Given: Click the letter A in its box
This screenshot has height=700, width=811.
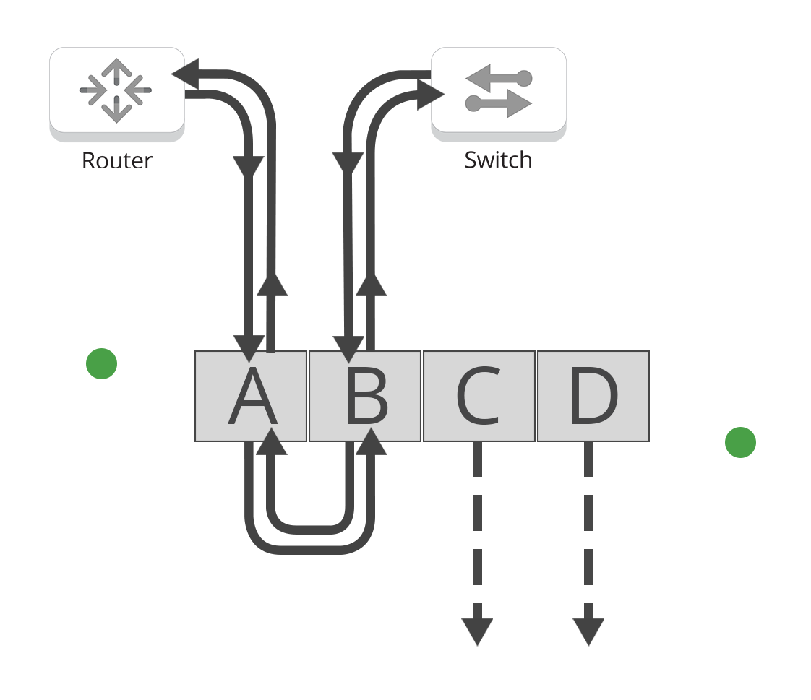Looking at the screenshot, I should point(252,398).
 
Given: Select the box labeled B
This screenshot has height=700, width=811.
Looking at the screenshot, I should point(365,397).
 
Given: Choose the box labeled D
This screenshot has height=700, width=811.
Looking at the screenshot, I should point(593,397).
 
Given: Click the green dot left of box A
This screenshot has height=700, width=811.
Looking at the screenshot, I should point(101,363).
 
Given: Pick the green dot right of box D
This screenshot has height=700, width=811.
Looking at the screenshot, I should point(740,442).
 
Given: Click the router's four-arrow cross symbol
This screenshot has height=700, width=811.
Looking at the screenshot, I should point(116,90).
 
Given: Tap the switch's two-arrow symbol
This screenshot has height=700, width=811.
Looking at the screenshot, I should point(499,90).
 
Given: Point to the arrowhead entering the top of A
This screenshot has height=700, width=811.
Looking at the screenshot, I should point(249,348).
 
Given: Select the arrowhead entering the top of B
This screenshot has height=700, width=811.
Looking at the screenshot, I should point(348,348).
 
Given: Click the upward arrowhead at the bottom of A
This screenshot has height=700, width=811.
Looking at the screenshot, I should point(272,442).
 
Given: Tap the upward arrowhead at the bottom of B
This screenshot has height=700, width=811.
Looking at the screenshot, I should point(371,442).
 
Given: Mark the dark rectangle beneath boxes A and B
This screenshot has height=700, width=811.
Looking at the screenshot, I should point(315,523).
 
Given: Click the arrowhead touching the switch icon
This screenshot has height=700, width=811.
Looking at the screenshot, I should point(438,94).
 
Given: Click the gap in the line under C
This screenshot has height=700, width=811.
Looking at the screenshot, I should point(477,484).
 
